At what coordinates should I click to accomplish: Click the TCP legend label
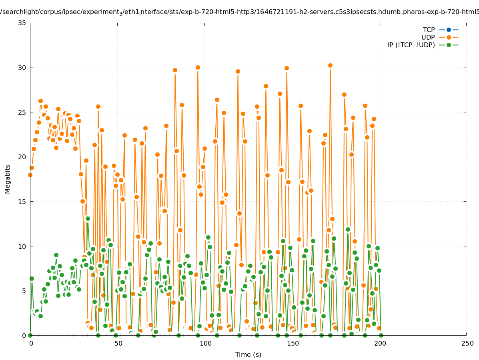[429, 30]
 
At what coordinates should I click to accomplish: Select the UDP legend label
[428, 37]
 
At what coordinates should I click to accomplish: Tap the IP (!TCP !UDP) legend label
[411, 45]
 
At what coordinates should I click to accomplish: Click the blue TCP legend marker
[449, 30]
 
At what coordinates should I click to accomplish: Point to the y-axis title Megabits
[8, 179]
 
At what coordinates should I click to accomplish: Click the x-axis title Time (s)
[248, 354]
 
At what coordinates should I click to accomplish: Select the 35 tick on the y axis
[22, 23]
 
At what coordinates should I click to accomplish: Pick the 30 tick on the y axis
[22, 68]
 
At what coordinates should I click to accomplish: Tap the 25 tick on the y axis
[22, 112]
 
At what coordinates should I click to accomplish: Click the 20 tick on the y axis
[22, 157]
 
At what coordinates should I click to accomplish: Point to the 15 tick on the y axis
[22, 202]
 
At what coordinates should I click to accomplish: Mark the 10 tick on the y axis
[22, 246]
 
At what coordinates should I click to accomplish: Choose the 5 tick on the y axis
[24, 291]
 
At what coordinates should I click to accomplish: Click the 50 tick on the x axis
[118, 344]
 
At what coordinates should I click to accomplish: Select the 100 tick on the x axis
[205, 344]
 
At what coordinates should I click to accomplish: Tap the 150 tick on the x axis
[292, 344]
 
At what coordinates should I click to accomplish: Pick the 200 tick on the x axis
[379, 344]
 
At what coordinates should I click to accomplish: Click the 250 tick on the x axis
[467, 344]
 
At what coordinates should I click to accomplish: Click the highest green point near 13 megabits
[88, 218]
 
